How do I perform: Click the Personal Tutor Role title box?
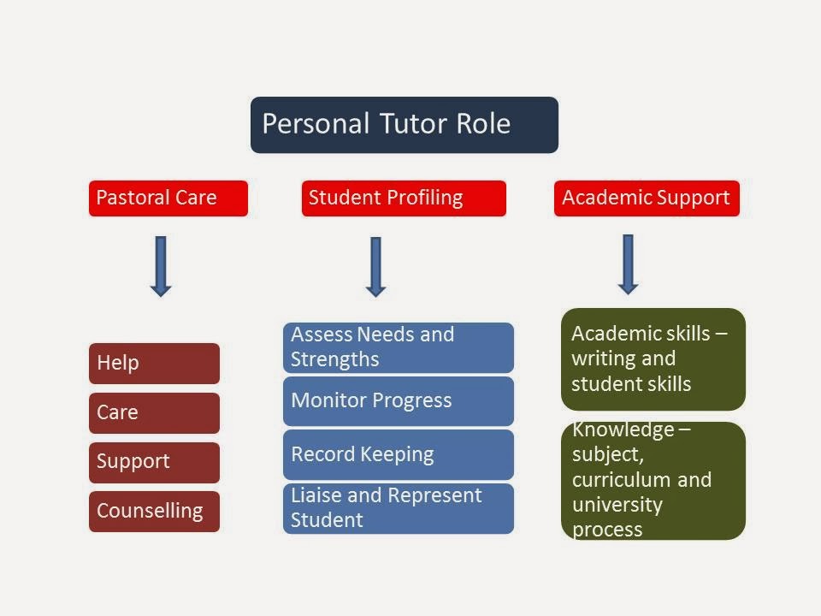(404, 125)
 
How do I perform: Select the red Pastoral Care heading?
(168, 198)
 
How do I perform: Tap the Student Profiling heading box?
(404, 198)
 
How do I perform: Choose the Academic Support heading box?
(647, 198)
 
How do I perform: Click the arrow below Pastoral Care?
(160, 266)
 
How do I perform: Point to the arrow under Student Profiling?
(375, 266)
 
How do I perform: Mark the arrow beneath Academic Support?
(628, 264)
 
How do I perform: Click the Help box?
(154, 363)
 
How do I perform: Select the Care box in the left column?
(154, 412)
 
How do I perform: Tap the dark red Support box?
(154, 462)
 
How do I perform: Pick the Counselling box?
(154, 512)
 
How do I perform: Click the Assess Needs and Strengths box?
(399, 347)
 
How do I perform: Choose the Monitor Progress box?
(399, 400)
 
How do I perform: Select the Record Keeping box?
(399, 454)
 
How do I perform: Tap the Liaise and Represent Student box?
(399, 508)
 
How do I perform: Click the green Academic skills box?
(653, 359)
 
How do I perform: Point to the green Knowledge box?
(653, 481)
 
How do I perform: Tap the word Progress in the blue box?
(412, 400)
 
